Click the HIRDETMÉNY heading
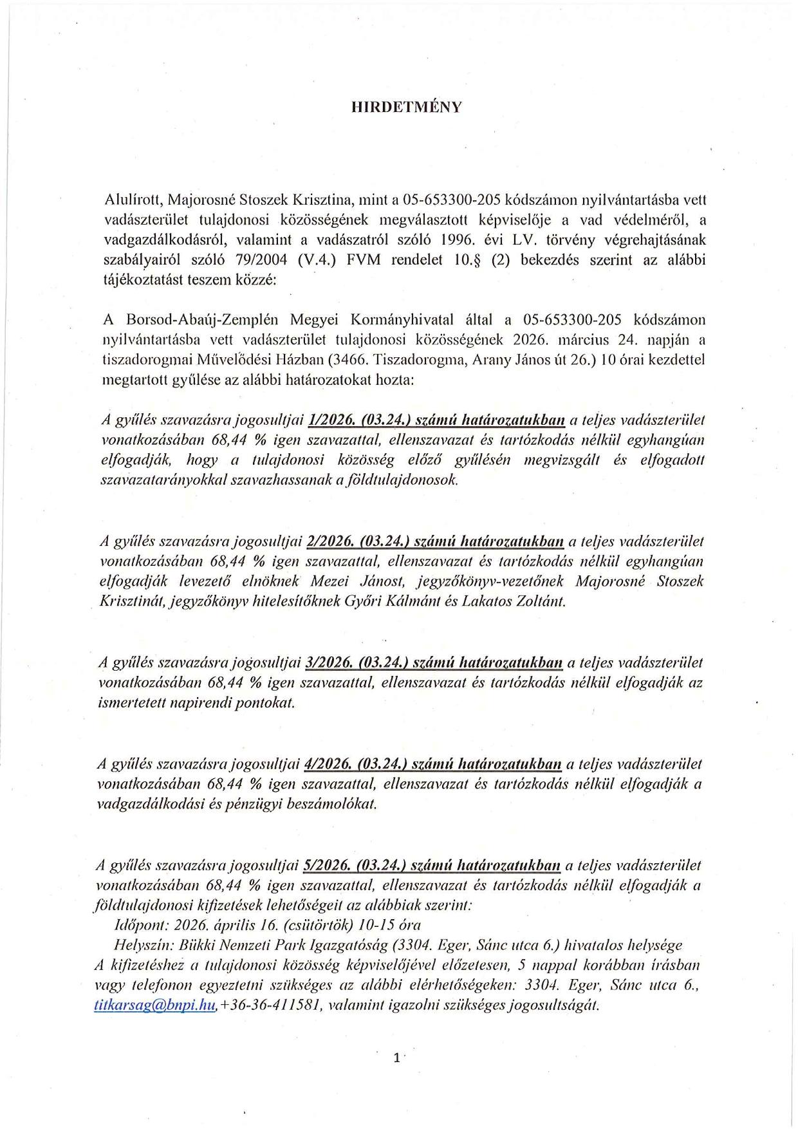406,107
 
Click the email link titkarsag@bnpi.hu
154,1005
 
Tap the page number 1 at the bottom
397,1057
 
